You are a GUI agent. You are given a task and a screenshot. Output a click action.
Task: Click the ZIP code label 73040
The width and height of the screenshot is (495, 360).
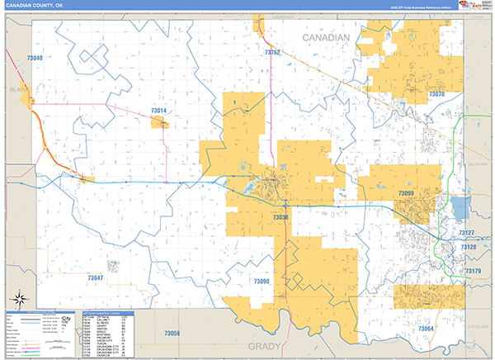(x=35, y=59)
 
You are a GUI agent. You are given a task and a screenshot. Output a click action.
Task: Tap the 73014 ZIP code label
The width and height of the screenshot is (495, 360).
(x=158, y=111)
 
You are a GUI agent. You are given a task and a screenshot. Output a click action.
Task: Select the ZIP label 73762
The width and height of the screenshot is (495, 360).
(x=272, y=53)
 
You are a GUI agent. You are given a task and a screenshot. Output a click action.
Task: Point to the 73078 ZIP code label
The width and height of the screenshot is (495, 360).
(x=437, y=95)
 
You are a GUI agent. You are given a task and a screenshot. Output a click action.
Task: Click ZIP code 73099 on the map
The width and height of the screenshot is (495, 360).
(x=406, y=193)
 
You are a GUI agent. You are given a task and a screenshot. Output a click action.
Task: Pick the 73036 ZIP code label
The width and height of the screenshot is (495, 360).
(x=280, y=217)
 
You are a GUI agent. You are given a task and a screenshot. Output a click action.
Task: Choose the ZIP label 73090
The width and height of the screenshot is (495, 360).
(x=262, y=282)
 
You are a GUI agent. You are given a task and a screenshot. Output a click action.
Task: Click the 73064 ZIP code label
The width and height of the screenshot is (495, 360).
(x=425, y=329)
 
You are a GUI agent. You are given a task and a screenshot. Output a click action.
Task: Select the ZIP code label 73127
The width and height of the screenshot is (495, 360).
(x=468, y=234)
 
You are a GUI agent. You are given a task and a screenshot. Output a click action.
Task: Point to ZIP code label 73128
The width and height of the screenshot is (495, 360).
(x=468, y=248)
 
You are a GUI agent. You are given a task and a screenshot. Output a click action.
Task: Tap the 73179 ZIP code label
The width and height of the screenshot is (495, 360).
(x=473, y=271)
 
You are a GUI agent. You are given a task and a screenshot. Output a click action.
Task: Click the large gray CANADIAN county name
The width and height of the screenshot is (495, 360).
(x=327, y=39)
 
